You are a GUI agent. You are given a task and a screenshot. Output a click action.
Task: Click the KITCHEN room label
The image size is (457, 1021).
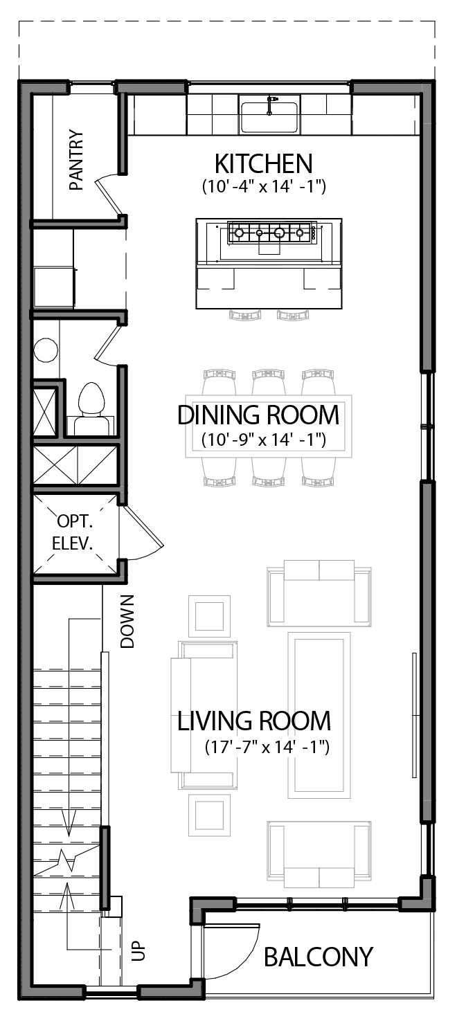tap(263, 165)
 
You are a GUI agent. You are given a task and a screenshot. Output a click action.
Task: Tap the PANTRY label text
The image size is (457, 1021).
tap(76, 160)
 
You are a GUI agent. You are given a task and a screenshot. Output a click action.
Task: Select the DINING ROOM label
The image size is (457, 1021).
tap(258, 415)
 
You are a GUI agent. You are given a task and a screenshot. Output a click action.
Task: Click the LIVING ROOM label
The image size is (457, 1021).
tap(254, 721)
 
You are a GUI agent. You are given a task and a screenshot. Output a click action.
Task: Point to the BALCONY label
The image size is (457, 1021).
tap(319, 957)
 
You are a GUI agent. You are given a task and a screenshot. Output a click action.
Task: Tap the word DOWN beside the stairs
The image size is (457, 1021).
tap(127, 621)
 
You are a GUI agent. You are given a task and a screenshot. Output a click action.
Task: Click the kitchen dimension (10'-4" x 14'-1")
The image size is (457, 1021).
tap(264, 187)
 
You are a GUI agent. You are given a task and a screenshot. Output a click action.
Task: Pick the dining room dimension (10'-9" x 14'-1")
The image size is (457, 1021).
tap(264, 440)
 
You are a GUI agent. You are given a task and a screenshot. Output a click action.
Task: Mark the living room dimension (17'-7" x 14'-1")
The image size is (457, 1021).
tap(267, 748)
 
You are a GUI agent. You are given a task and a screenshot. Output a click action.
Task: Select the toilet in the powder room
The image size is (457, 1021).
tap(91, 403)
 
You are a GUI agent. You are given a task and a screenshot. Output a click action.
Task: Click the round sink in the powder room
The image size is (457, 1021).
tap(47, 350)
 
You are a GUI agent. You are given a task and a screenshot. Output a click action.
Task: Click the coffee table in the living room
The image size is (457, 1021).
tap(319, 713)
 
